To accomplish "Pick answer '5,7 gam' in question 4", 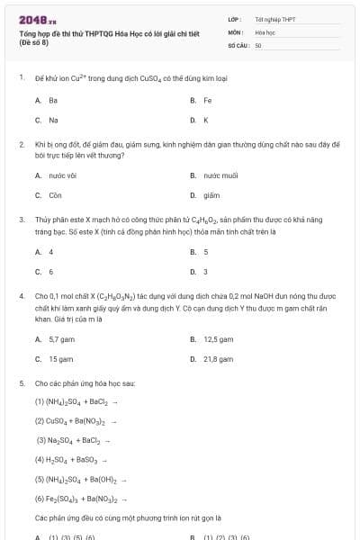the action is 60,339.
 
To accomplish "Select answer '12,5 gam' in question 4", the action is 218,339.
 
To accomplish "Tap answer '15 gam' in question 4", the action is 59,358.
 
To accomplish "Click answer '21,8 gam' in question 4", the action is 218,358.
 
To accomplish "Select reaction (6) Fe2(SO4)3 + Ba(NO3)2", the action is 80,498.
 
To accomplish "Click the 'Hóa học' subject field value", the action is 265,31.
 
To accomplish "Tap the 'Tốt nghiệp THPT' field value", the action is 274,19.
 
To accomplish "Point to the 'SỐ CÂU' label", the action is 238,44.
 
